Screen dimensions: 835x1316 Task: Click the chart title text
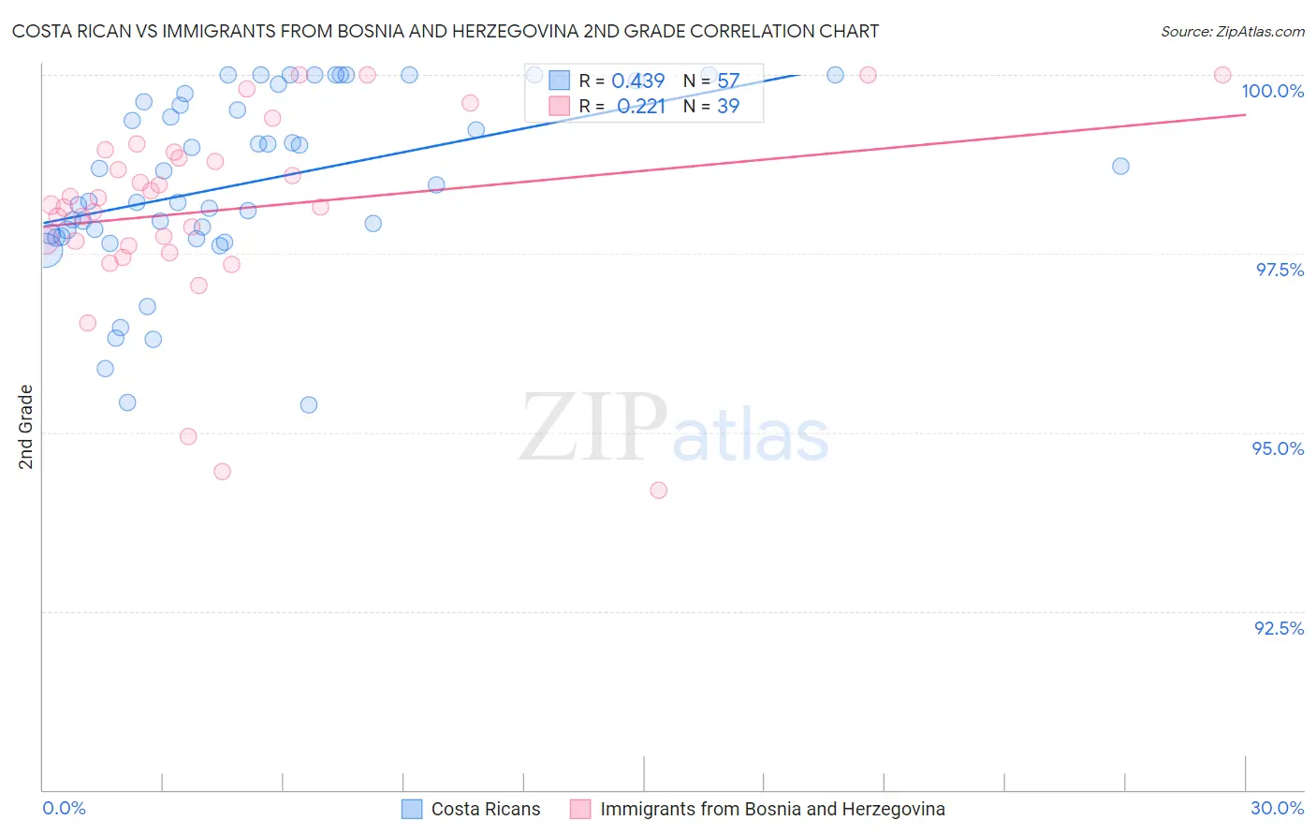click(446, 31)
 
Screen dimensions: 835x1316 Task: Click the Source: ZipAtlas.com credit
click(1232, 31)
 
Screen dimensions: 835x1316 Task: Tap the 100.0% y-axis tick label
click(1272, 91)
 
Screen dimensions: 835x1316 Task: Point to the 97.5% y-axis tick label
click(1279, 270)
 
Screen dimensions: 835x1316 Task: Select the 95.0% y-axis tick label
click(1278, 448)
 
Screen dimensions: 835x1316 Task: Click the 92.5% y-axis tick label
click(1279, 628)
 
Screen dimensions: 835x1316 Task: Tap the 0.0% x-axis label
click(64, 808)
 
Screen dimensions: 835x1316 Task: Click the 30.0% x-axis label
click(1277, 808)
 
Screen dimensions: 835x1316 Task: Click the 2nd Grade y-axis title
click(26, 427)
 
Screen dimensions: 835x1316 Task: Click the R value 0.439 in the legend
click(637, 81)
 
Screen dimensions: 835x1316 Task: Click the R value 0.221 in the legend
click(640, 107)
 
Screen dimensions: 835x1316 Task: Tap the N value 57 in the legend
click(728, 81)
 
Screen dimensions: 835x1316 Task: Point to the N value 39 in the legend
click(728, 107)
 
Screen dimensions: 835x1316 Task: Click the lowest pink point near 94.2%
click(658, 491)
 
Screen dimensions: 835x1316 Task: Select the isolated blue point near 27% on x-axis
click(1120, 166)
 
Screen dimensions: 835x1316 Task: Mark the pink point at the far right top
click(1222, 75)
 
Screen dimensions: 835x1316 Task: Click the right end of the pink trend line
click(1245, 114)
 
